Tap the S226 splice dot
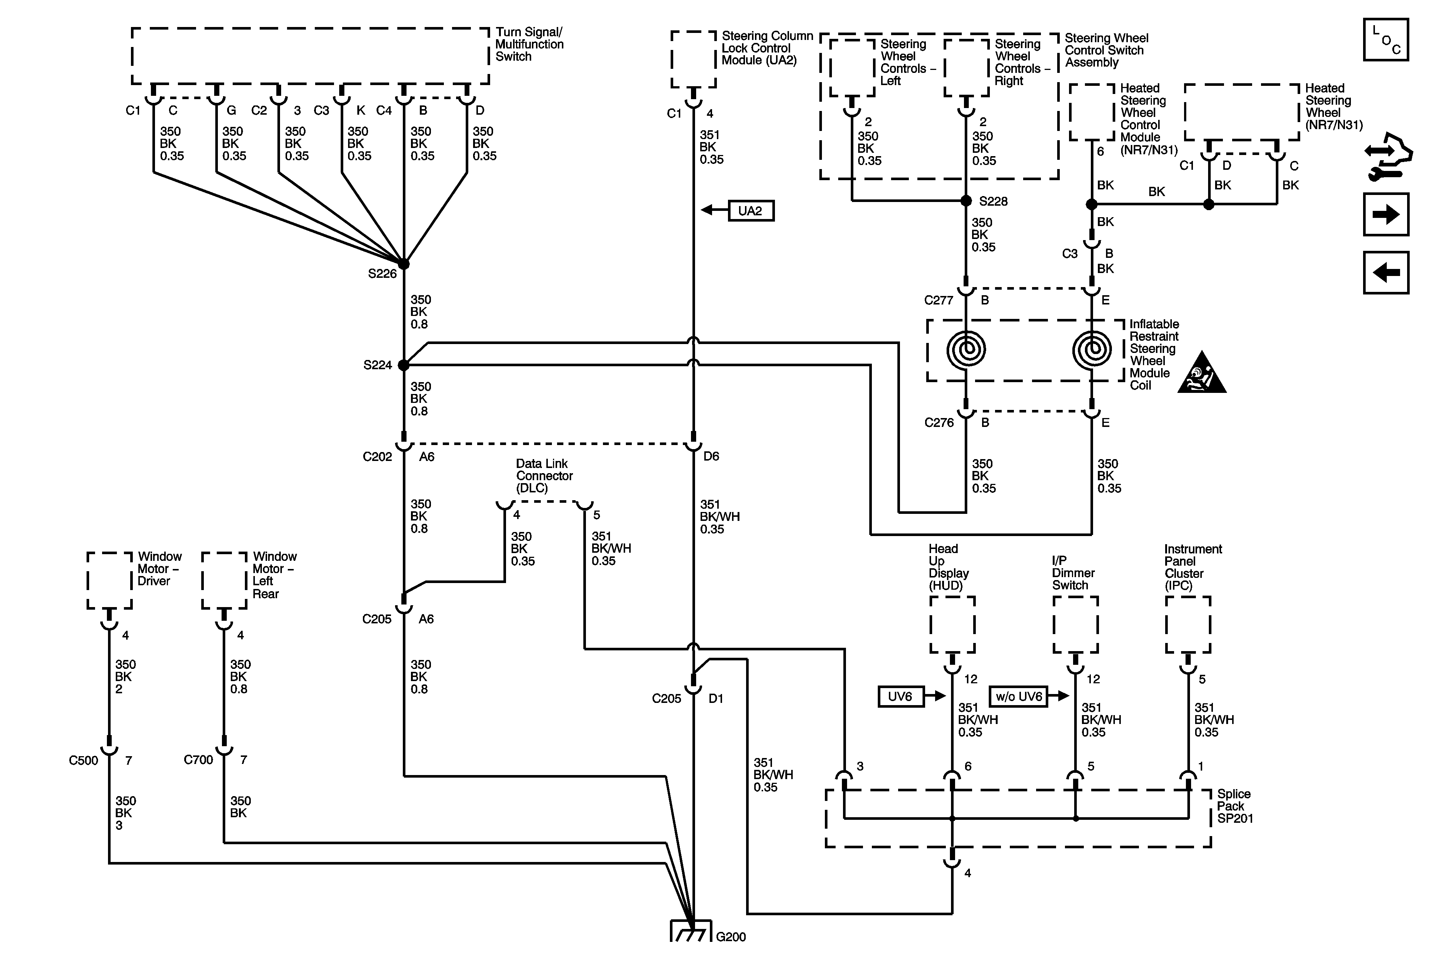pyautogui.click(x=404, y=264)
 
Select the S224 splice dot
pyautogui.click(x=404, y=365)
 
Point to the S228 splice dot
pyautogui.click(x=966, y=201)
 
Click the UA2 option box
pyautogui.click(x=751, y=211)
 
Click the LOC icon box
pyautogui.click(x=1386, y=40)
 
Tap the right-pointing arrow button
pyautogui.click(x=1386, y=215)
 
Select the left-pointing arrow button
pyautogui.click(x=1386, y=273)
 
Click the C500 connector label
pyautogui.click(x=83, y=760)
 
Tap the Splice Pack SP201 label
pyautogui.click(x=1234, y=806)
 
